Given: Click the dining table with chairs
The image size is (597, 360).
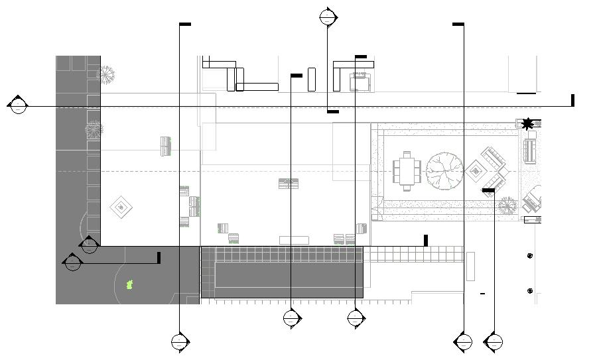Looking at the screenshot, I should click(x=406, y=171).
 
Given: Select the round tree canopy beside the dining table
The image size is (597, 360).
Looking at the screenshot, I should click(x=444, y=171).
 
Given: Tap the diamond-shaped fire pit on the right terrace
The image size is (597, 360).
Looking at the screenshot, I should click(x=476, y=171).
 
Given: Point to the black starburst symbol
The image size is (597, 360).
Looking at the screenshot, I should click(x=527, y=123).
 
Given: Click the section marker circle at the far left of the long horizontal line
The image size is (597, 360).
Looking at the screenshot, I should click(x=18, y=105).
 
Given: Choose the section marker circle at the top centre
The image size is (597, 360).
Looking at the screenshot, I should click(x=328, y=17).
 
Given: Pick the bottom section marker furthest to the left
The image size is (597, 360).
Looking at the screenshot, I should click(x=180, y=342).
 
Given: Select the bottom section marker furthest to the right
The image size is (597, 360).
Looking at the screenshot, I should click(x=494, y=342).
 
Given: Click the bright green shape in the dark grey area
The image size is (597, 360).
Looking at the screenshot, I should click(x=130, y=285).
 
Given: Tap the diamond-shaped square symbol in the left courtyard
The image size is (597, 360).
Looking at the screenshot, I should click(x=120, y=208).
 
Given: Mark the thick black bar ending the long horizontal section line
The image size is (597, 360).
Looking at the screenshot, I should click(x=572, y=100).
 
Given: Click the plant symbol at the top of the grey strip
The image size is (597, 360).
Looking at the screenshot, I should click(x=106, y=75).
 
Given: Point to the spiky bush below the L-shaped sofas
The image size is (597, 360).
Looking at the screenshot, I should click(x=507, y=206).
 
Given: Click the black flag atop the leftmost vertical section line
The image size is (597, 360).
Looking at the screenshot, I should click(x=185, y=25).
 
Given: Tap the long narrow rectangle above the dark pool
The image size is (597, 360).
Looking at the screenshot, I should click(x=294, y=240).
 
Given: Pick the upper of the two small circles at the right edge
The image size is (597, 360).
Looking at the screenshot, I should click(x=529, y=256).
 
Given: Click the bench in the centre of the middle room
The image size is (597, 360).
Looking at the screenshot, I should click(x=288, y=184).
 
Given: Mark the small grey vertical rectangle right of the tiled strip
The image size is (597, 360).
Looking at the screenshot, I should click(x=470, y=266).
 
